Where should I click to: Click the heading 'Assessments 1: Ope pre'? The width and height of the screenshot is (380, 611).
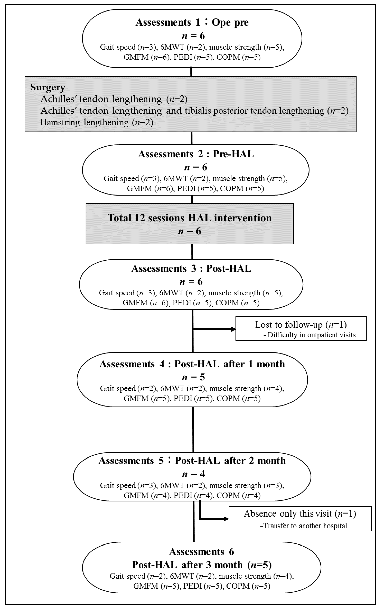pos(192,22)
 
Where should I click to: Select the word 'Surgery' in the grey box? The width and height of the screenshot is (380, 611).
pos(48,87)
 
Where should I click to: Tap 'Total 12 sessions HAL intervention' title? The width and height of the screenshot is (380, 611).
pos(190,218)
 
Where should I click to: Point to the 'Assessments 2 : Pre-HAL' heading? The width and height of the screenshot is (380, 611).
pos(196,154)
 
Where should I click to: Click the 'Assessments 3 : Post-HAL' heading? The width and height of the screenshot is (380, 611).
pos(191,269)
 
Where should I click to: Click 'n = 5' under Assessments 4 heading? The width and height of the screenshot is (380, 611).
pos(193,377)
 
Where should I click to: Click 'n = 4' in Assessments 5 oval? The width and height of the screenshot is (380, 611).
pos(193,474)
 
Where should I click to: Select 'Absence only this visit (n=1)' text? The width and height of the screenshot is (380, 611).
pos(300,514)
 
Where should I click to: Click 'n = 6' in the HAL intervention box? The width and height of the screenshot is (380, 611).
pos(190,231)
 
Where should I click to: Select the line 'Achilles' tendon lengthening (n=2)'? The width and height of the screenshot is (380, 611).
pos(114,99)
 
